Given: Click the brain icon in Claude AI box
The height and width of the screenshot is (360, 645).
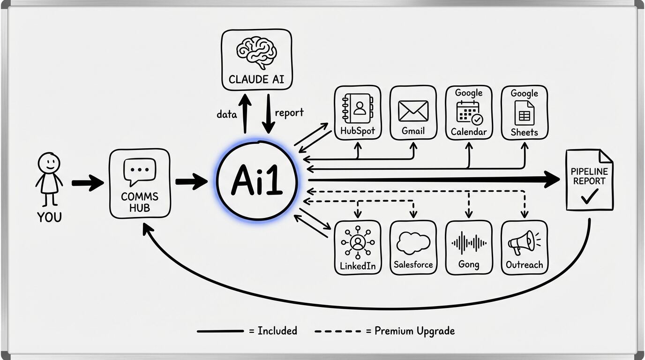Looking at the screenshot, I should click(x=256, y=52).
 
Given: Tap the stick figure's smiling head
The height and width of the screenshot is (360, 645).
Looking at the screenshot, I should click(x=49, y=163).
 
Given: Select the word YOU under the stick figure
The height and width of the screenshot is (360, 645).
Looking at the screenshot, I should click(x=49, y=217).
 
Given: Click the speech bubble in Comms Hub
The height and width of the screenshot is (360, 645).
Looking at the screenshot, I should click(x=140, y=172).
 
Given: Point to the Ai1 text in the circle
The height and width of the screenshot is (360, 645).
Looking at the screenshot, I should click(x=256, y=181).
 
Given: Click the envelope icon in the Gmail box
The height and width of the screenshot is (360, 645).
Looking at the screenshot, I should click(x=413, y=111).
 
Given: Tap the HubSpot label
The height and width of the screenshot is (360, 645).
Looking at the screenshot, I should click(x=358, y=131).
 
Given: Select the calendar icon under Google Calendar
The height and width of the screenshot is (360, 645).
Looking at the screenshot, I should click(x=468, y=112).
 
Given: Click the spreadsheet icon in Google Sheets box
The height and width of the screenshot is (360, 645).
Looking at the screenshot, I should click(x=524, y=112).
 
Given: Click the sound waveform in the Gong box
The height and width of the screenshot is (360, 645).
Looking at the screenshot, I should click(x=469, y=243).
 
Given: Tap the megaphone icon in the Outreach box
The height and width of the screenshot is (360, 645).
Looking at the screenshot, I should click(x=522, y=243).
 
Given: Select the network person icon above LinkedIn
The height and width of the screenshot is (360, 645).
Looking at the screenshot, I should click(x=358, y=242).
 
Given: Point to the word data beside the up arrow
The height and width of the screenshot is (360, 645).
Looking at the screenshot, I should click(x=226, y=114).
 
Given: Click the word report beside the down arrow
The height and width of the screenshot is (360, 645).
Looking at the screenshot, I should click(x=289, y=112).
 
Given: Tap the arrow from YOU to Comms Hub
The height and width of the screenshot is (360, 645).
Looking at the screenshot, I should click(x=88, y=183).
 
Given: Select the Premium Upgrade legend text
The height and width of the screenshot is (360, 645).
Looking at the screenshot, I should click(x=414, y=331).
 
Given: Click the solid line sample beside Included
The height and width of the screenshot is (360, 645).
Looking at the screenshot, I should click(x=220, y=331).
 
